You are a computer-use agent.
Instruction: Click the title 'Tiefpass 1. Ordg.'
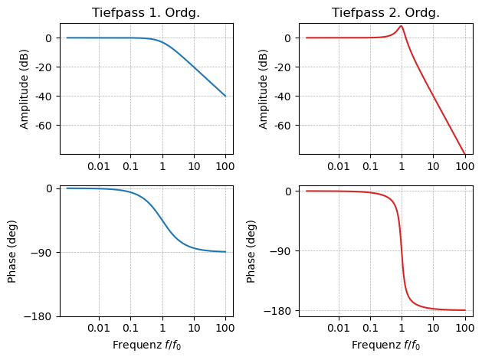click(x=146, y=13)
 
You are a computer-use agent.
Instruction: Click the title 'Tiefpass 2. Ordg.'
click(x=385, y=13)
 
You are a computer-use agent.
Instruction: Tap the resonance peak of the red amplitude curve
click(x=401, y=26)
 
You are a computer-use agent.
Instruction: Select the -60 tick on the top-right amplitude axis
click(x=282, y=126)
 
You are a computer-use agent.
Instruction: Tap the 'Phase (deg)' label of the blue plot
click(x=12, y=251)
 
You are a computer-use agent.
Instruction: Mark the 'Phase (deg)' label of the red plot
click(x=251, y=251)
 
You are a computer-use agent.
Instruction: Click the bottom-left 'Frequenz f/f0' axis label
click(x=146, y=345)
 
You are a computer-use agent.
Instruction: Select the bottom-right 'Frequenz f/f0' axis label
click(x=385, y=345)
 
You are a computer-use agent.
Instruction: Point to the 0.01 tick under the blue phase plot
click(x=99, y=329)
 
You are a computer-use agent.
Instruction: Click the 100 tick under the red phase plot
click(x=464, y=329)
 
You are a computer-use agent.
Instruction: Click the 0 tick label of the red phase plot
click(x=288, y=191)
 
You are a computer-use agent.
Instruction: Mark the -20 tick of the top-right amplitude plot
click(x=282, y=67)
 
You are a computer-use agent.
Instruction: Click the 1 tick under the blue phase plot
click(x=162, y=329)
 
